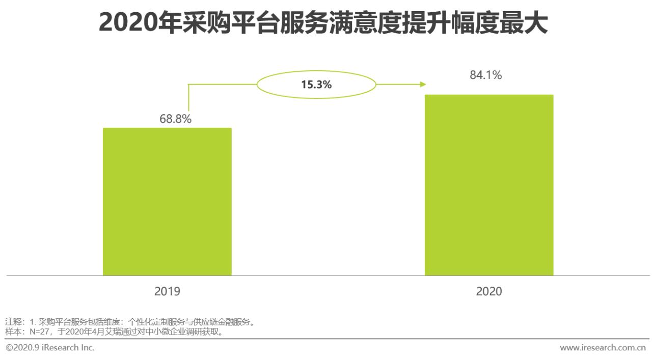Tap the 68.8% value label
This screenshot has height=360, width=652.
click(175, 119)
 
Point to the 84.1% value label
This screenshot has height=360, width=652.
click(485, 75)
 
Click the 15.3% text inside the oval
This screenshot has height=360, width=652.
click(316, 85)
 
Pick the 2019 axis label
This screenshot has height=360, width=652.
click(167, 292)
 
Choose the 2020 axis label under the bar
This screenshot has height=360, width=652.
click(488, 292)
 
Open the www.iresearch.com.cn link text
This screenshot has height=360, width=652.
click(603, 348)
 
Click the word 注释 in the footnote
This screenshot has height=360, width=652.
click(13, 322)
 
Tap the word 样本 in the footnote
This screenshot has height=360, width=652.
click(13, 332)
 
